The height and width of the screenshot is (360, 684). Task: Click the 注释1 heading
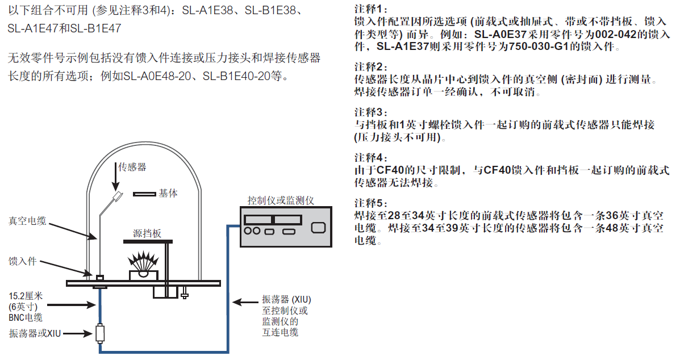pyautogui.click(x=370, y=10)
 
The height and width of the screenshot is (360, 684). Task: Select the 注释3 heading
pyautogui.click(x=370, y=112)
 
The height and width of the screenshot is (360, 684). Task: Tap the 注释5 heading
pyautogui.click(x=370, y=203)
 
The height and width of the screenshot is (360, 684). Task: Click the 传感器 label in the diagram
pyautogui.click(x=132, y=167)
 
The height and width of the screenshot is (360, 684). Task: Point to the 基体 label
pyautogui.click(x=168, y=193)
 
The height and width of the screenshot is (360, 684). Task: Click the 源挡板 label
pyautogui.click(x=147, y=233)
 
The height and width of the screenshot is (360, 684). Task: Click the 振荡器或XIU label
pyautogui.click(x=35, y=333)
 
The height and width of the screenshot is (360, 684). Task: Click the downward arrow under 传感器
pyautogui.click(x=115, y=181)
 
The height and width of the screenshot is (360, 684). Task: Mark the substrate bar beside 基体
pyautogui.click(x=144, y=194)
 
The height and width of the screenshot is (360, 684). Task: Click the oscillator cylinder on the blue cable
pyautogui.click(x=99, y=333)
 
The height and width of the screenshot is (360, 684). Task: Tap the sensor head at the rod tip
pyautogui.click(x=118, y=197)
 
